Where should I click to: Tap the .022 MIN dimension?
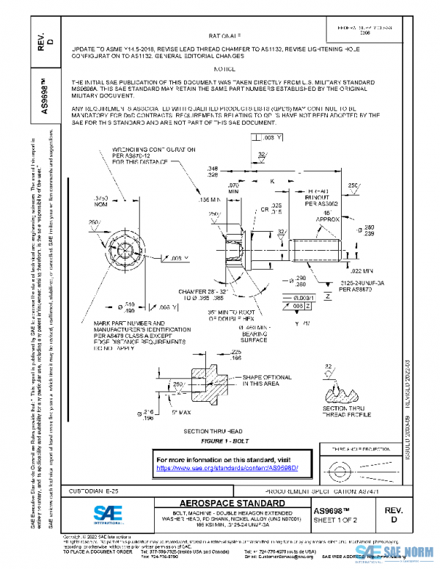(x=351, y=271)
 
